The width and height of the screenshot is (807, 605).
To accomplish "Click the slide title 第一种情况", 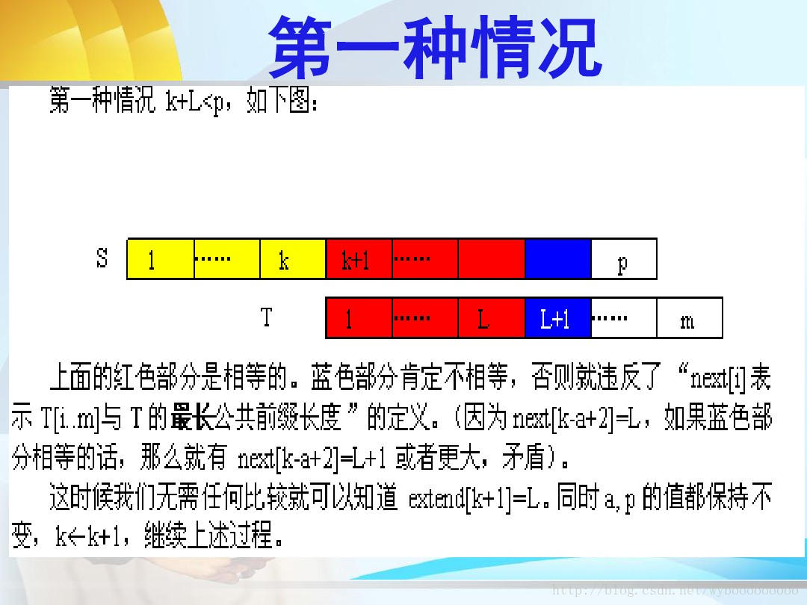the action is click(x=436, y=47).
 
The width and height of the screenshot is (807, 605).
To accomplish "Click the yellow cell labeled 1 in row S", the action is click(x=161, y=258).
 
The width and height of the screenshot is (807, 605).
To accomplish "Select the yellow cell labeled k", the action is click(x=293, y=258).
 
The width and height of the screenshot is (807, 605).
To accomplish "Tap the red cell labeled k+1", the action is click(x=359, y=258).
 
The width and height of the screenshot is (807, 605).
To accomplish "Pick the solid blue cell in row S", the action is click(x=558, y=258).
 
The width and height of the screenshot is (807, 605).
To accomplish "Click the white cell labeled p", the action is click(x=624, y=258).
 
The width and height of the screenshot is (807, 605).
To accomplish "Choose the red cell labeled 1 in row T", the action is click(x=359, y=318).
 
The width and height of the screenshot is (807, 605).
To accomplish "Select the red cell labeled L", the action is click(x=492, y=318).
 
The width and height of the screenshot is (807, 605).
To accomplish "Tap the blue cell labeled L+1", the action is click(x=558, y=318).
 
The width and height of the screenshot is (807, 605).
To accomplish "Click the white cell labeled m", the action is click(x=690, y=318).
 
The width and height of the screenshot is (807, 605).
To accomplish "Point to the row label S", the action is click(x=102, y=258).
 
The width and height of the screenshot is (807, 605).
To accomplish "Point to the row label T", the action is click(x=266, y=317).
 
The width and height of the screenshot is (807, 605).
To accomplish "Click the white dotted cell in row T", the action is click(x=624, y=318).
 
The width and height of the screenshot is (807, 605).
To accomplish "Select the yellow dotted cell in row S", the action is click(x=227, y=258).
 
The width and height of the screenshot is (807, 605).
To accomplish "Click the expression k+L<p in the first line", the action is click(x=195, y=102).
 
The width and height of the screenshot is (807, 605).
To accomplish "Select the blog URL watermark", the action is click(x=675, y=589).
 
